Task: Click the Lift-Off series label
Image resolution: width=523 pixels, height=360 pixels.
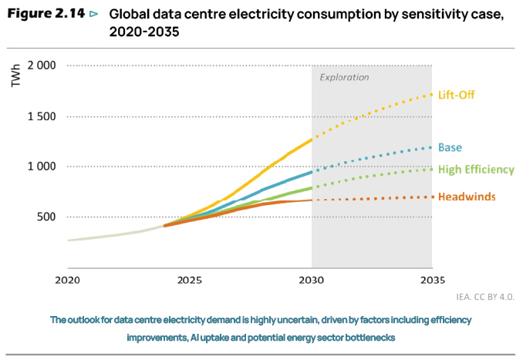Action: click(x=457, y=96)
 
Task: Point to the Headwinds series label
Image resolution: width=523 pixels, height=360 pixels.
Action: click(x=467, y=197)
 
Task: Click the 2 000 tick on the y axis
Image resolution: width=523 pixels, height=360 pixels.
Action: click(x=42, y=66)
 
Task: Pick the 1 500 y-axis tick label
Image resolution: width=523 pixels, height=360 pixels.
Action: click(x=42, y=116)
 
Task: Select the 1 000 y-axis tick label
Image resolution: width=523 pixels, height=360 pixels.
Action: click(x=42, y=167)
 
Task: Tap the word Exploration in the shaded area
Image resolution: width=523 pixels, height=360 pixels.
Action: click(x=345, y=78)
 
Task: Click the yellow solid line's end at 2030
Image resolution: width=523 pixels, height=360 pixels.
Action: click(x=311, y=140)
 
